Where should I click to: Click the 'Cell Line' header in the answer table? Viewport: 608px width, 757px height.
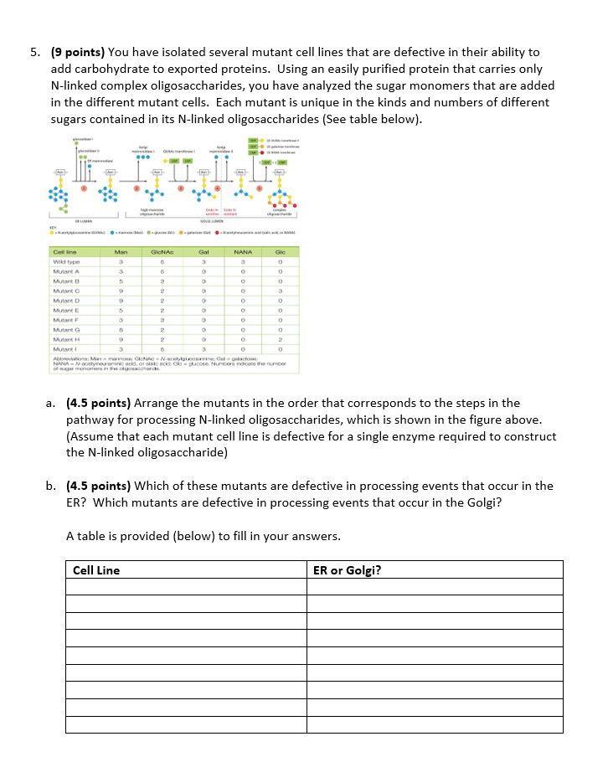click(96, 570)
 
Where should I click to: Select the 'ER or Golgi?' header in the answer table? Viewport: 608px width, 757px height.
click(347, 570)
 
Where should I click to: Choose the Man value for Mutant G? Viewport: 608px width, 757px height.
click(121, 329)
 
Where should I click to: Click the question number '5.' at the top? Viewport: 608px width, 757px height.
click(35, 53)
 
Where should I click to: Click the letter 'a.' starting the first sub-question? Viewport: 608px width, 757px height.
click(51, 403)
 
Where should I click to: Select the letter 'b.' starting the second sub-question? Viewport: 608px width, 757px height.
click(51, 486)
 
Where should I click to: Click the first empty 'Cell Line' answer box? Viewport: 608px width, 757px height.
click(187, 586)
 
